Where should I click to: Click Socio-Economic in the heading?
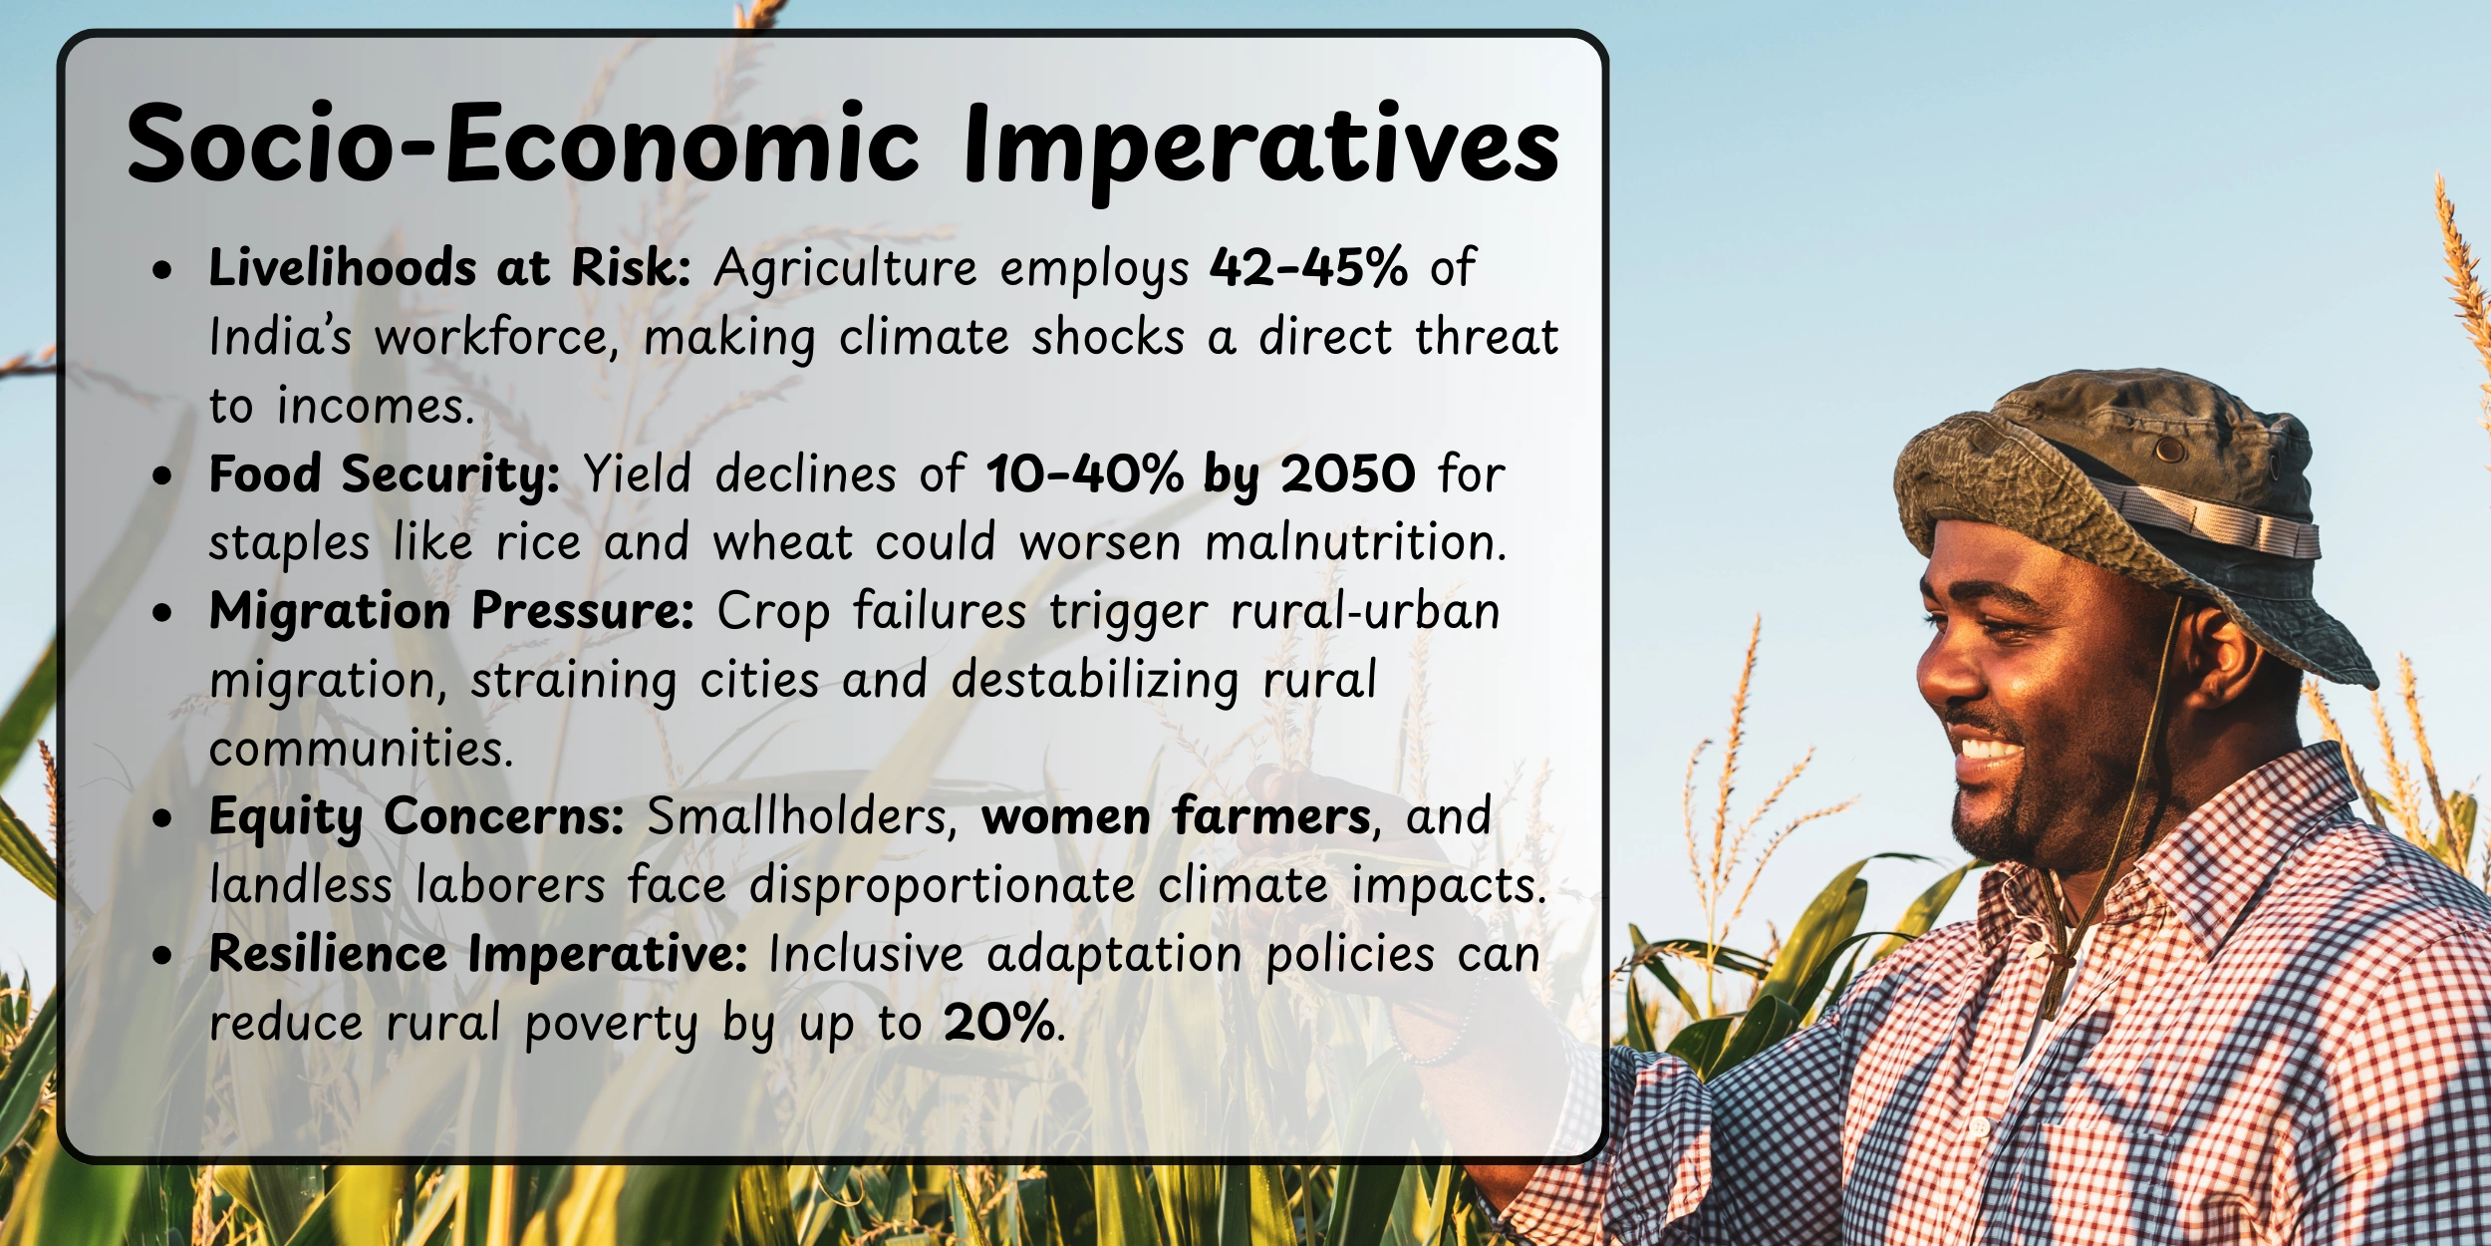[523, 145]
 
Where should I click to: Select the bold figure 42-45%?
[1308, 267]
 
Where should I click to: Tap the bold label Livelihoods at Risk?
[449, 267]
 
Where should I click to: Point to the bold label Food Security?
[384, 474]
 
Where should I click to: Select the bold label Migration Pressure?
[451, 611]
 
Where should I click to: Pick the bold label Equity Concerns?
[416, 817]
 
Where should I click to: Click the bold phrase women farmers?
[1176, 817]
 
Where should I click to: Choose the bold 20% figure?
[998, 1023]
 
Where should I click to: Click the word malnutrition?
[1353, 543]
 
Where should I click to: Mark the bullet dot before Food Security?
[162, 476]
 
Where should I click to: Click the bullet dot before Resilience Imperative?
[162, 956]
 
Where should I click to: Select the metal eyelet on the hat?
[2169, 451]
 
